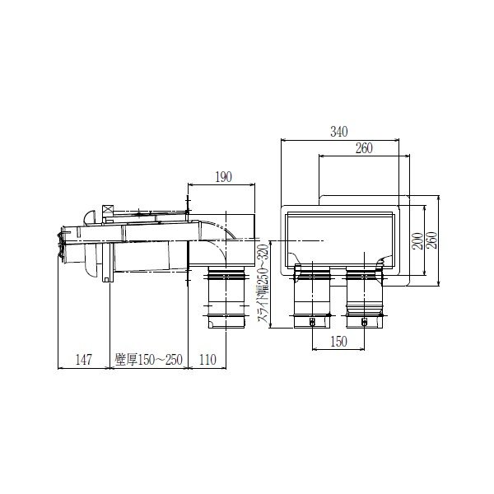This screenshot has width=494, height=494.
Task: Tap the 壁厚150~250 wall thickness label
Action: [x=148, y=360]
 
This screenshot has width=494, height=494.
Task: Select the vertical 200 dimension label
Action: [x=419, y=237]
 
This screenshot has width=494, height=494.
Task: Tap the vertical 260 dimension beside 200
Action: [x=432, y=237]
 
